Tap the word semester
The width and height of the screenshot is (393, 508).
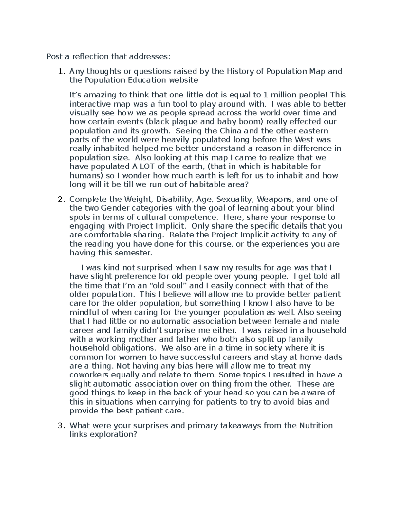point(134,253)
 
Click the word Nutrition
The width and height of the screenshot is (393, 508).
point(316,426)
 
